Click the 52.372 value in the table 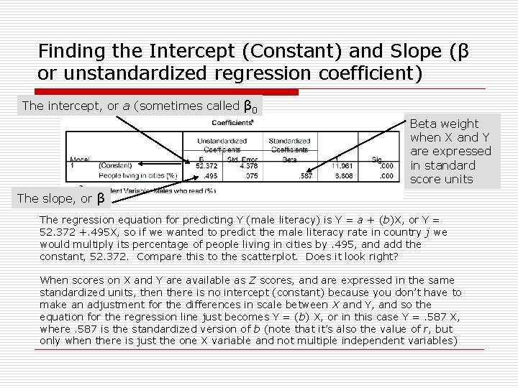pyautogui.click(x=206, y=165)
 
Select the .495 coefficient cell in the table pyautogui.click(x=211, y=175)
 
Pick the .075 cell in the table pyautogui.click(x=250, y=175)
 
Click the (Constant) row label pyautogui.click(x=115, y=165)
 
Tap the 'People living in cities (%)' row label pyautogui.click(x=137, y=175)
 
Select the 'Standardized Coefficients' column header pyautogui.click(x=290, y=145)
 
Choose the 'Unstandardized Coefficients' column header pyautogui.click(x=224, y=145)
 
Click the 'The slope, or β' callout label pyautogui.click(x=60, y=198)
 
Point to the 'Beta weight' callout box pyautogui.click(x=450, y=152)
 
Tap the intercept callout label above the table pyautogui.click(x=140, y=106)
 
